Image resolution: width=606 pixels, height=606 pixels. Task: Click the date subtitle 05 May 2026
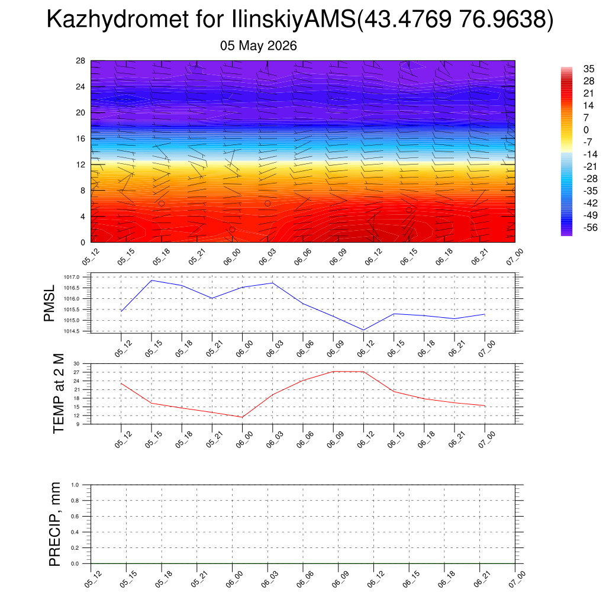[x=258, y=46]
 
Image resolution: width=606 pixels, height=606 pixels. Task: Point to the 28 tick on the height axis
[x=80, y=61]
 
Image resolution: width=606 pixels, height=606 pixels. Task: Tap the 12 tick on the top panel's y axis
[x=80, y=165]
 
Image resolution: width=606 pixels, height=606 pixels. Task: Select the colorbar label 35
[x=589, y=69]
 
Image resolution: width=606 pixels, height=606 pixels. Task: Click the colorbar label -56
[x=590, y=228]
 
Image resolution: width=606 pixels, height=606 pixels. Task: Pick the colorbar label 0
[x=586, y=130]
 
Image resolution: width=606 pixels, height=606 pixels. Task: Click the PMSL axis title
[x=49, y=304]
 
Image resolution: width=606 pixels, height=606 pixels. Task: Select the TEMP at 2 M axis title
[x=59, y=394]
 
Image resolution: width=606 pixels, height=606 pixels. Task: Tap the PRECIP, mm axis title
[x=55, y=524]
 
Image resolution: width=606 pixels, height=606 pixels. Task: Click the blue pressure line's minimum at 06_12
[x=363, y=330]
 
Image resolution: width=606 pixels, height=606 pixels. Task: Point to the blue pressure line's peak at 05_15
[x=151, y=280]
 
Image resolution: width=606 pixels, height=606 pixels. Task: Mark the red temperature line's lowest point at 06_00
[x=242, y=417]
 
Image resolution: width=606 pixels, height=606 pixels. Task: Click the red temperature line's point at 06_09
[x=333, y=372]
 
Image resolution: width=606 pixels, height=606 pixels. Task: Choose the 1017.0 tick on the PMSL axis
[x=72, y=277]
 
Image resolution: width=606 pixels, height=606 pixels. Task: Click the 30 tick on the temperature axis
[x=76, y=364]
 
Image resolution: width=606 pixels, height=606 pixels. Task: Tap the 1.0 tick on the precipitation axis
[x=75, y=485]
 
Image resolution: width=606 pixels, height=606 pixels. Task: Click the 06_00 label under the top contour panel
[x=232, y=257]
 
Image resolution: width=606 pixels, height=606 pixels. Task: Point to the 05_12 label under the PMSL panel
[x=123, y=349]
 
